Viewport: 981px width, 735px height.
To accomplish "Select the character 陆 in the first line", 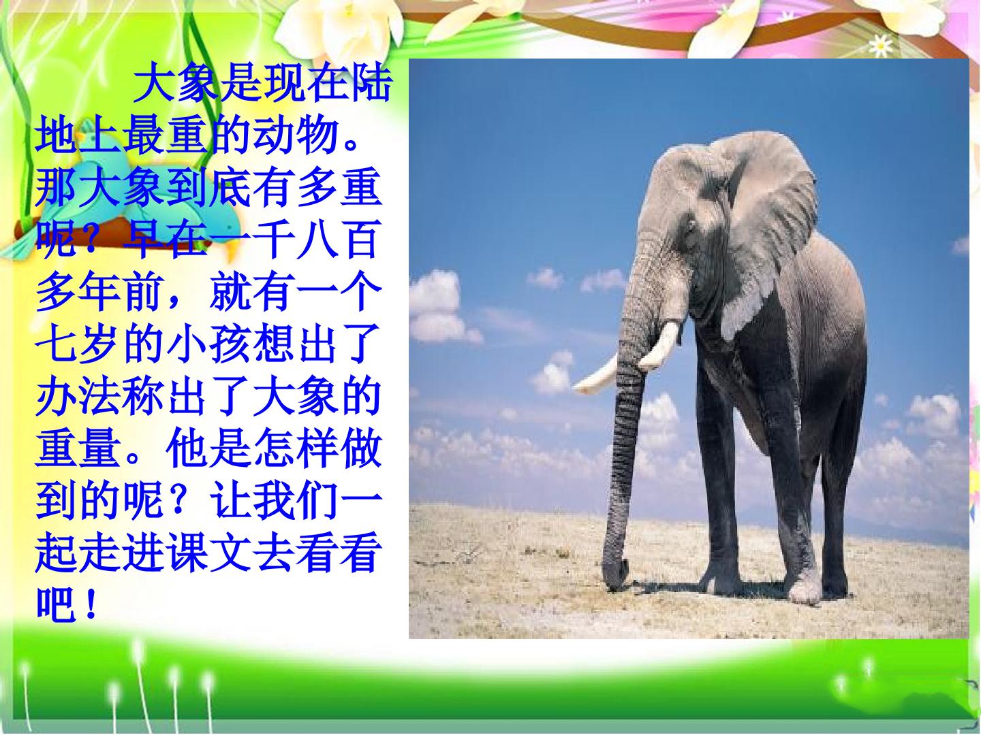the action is pyautogui.click(x=372, y=84).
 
